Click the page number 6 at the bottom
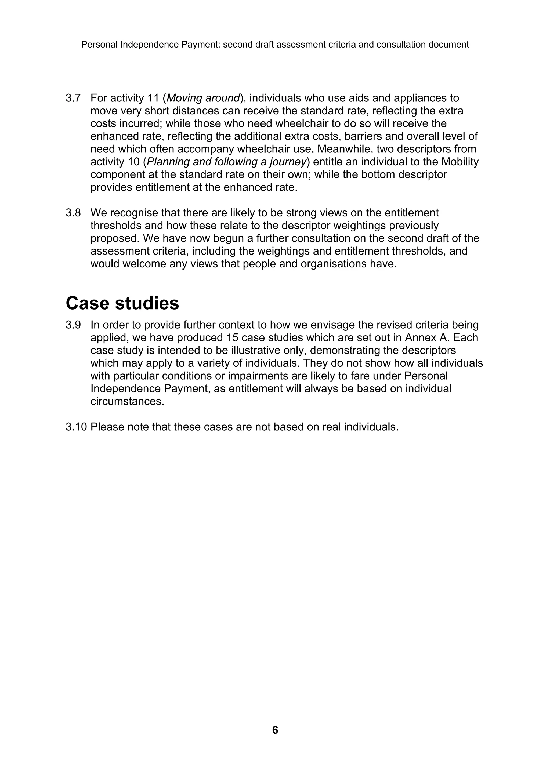(275, 730)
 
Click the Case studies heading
(122, 303)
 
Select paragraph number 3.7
(73, 98)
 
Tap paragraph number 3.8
(73, 213)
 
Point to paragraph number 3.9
(73, 325)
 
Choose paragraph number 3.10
(76, 427)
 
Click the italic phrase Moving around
(203, 98)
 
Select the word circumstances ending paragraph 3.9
(127, 402)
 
